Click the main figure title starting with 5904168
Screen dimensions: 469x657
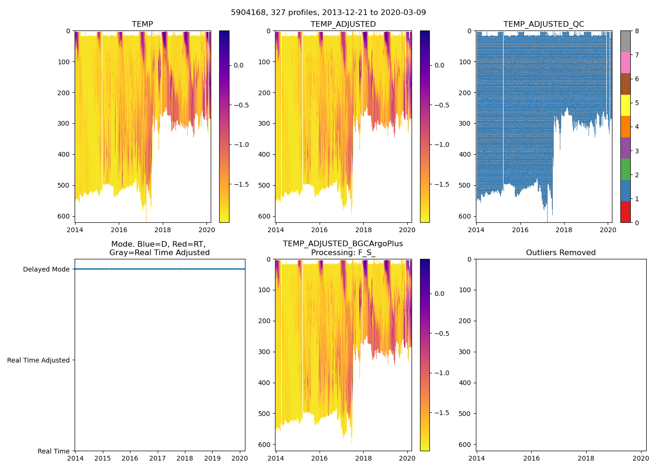[x=328, y=13]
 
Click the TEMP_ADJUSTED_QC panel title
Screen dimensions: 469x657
[x=543, y=24]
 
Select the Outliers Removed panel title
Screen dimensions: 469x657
[x=561, y=253]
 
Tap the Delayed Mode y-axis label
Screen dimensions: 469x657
[x=46, y=269]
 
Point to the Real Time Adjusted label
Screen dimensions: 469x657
[x=38, y=360]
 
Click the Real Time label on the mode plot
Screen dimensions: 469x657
[x=53, y=451]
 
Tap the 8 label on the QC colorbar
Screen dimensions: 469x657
[x=637, y=31]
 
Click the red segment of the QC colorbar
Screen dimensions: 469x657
[x=625, y=212]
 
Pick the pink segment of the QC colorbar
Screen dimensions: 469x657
[x=625, y=62]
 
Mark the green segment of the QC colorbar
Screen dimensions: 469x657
[x=625, y=169]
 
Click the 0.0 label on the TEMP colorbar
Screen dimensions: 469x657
[x=238, y=65]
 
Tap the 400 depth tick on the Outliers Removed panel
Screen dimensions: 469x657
[x=464, y=383]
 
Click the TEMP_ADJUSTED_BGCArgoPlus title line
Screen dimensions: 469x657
[x=343, y=244]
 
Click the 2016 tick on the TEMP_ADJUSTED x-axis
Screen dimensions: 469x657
[x=320, y=230]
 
